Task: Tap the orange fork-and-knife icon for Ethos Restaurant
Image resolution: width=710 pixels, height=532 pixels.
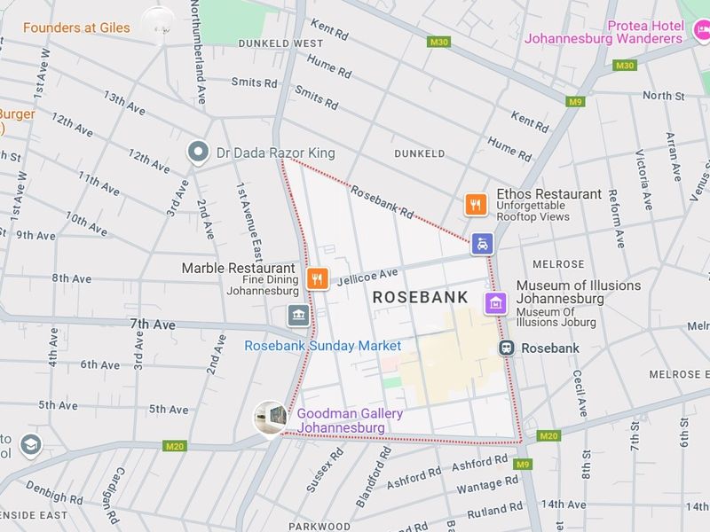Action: (477, 205)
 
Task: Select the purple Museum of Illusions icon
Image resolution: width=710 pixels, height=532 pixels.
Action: (495, 303)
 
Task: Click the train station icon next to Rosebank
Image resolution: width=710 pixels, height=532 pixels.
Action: (506, 348)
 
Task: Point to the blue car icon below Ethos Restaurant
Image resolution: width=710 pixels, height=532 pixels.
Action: (481, 244)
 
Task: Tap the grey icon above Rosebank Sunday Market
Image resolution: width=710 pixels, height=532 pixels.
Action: (297, 315)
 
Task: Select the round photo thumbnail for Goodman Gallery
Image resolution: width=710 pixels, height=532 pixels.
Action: (270, 417)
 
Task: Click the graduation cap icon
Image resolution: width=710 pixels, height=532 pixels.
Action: (30, 443)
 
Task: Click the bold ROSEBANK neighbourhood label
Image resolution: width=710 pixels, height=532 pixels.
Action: (420, 298)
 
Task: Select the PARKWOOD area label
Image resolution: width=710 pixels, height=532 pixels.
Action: (319, 526)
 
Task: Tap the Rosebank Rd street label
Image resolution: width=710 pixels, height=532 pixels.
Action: (383, 201)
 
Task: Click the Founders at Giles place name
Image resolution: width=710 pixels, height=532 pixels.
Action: (76, 27)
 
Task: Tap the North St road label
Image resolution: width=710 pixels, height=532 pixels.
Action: (664, 96)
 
